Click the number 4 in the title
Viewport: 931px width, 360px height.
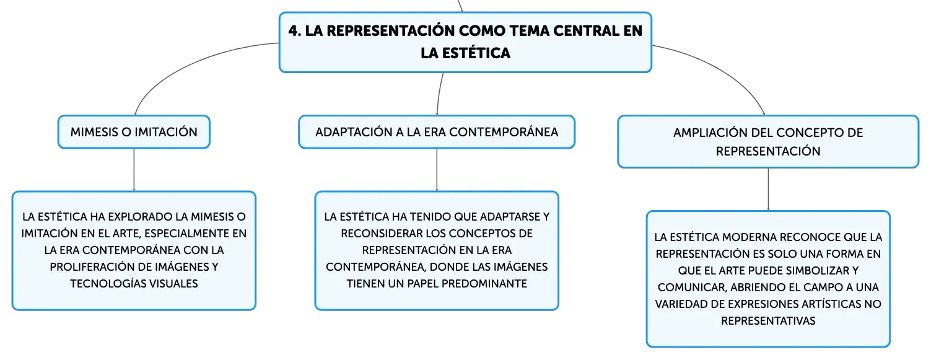click(294, 31)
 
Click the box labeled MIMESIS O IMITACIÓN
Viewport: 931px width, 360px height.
click(134, 132)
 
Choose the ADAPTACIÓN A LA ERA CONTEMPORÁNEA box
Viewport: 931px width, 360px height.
click(437, 132)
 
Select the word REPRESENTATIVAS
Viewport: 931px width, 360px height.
click(768, 321)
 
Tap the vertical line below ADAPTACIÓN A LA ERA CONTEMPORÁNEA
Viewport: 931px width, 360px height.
click(437, 170)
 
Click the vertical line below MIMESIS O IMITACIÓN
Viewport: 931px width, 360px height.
click(134, 170)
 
